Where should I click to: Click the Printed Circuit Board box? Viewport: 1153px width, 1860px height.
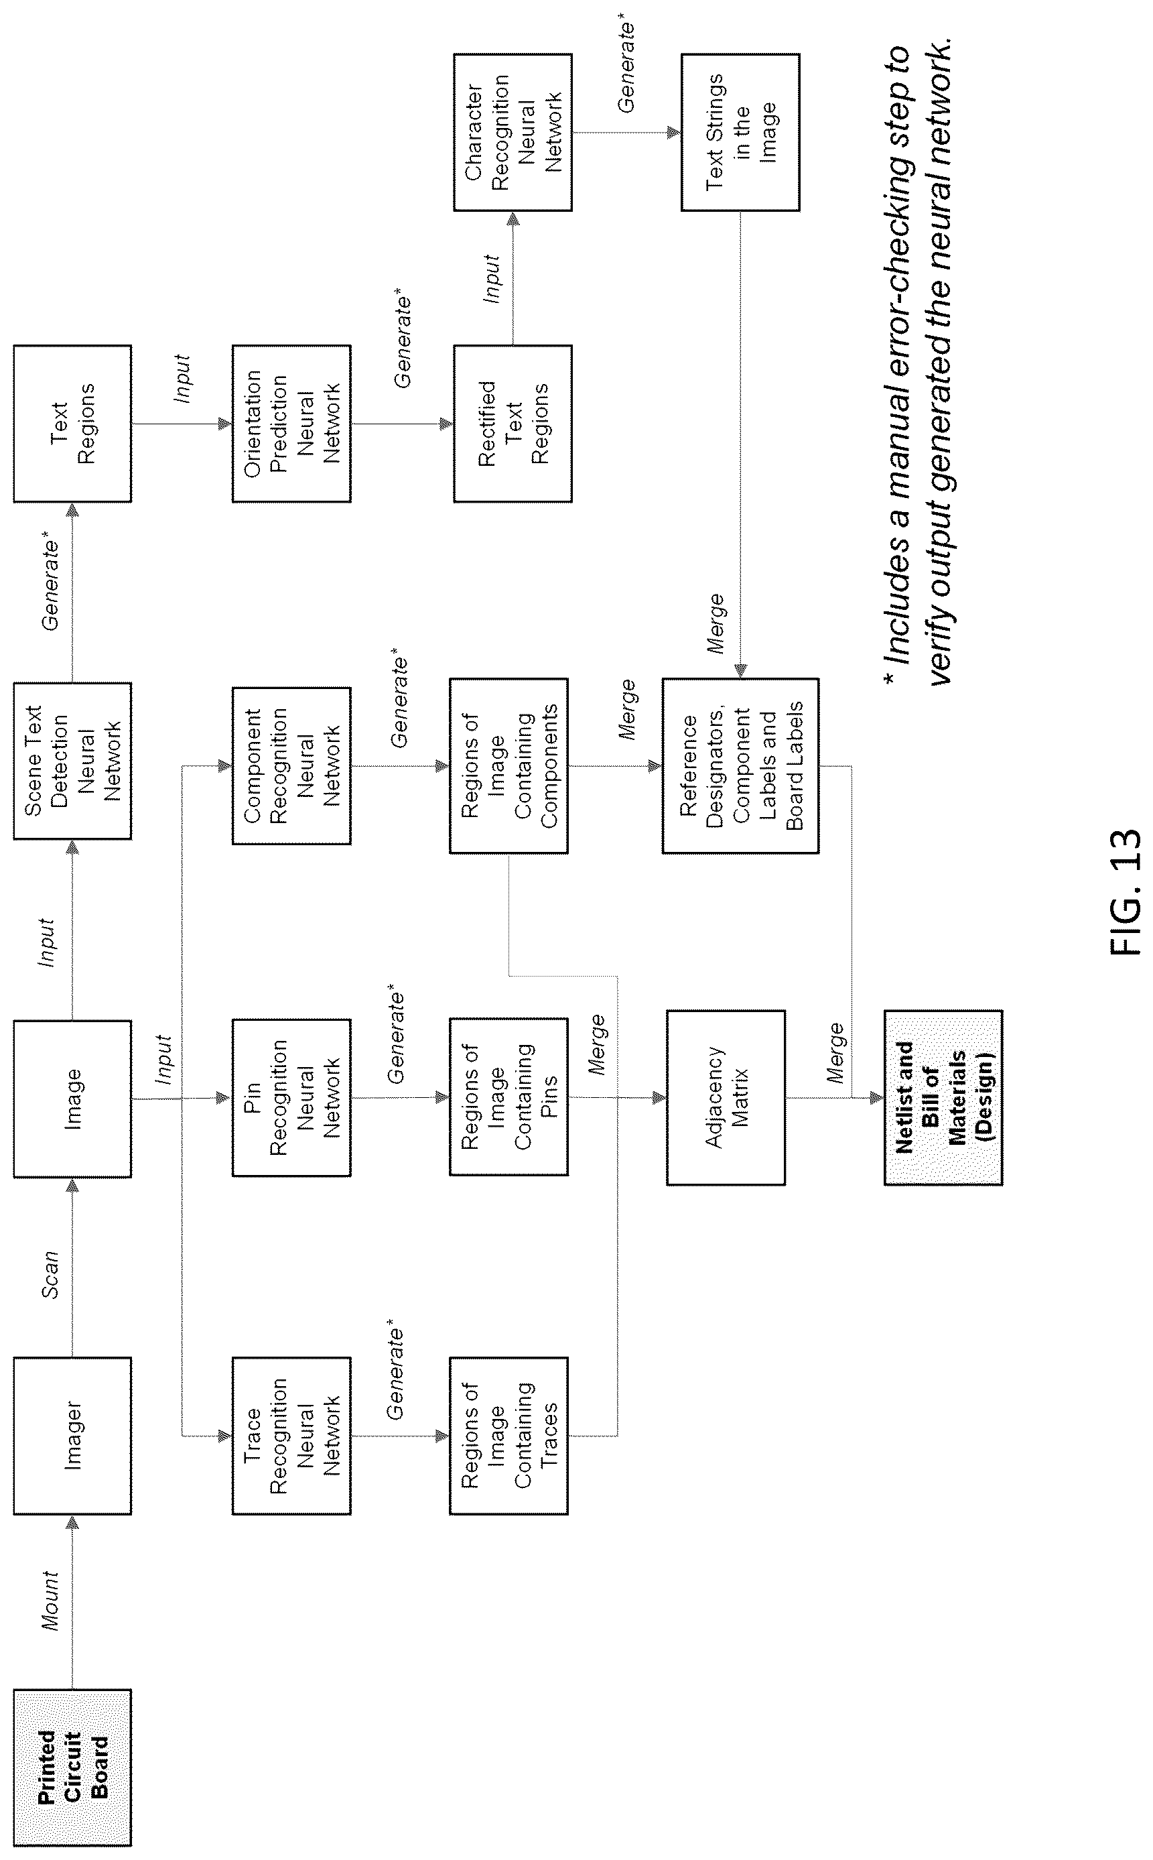(x=72, y=1768)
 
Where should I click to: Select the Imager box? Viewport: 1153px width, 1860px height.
(x=72, y=1435)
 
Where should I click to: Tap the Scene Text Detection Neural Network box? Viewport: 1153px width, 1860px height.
(x=72, y=761)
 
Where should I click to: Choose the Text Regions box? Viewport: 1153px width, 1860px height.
(x=72, y=424)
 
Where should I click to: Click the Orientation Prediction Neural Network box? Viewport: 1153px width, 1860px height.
(x=291, y=424)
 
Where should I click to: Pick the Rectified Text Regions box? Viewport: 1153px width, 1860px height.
(x=513, y=424)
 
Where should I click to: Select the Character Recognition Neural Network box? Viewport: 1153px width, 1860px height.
(x=513, y=132)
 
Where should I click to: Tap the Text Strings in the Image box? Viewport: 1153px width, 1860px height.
(x=740, y=132)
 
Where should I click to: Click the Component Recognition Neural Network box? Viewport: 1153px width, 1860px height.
(x=291, y=765)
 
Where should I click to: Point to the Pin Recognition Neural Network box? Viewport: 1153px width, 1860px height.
(x=291, y=1097)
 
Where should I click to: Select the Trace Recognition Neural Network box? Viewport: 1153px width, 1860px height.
(x=291, y=1435)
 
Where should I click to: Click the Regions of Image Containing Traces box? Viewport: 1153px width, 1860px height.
(x=508, y=1435)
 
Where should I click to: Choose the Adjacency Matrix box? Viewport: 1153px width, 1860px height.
(x=726, y=1097)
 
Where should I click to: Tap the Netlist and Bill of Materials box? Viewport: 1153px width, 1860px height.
(x=943, y=1097)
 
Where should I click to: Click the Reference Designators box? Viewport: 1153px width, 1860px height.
(x=740, y=765)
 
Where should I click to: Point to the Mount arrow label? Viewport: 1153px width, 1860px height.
(x=50, y=1600)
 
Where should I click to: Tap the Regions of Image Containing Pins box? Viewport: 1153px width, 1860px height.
(x=508, y=1097)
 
